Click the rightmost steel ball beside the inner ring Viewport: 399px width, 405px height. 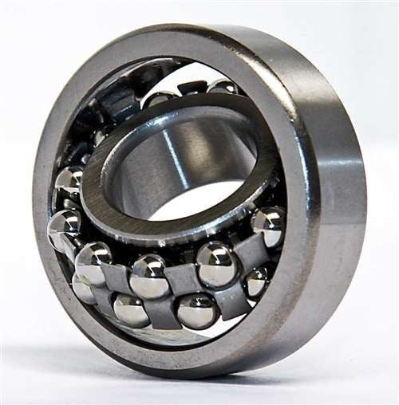pyautogui.click(x=269, y=226)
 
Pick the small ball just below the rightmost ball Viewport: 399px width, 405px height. pyautogui.click(x=255, y=281)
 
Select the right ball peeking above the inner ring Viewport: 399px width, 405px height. pyautogui.click(x=224, y=88)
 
